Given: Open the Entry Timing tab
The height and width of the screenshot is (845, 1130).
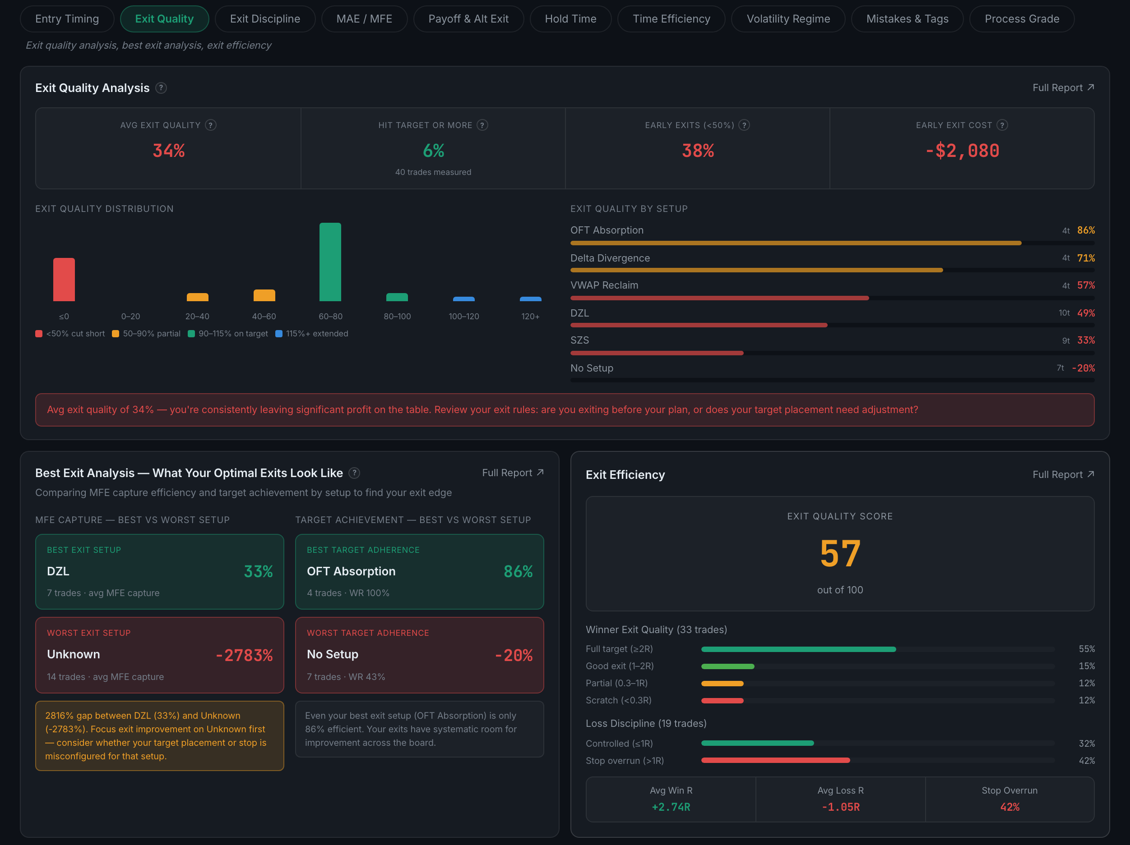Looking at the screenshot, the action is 67,19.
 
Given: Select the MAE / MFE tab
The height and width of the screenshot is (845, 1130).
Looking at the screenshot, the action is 364,19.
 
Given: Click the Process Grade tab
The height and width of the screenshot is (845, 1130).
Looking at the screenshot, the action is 1022,19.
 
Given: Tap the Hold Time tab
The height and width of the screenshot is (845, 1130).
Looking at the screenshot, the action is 570,19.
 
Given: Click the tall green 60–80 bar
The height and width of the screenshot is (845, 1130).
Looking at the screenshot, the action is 330,262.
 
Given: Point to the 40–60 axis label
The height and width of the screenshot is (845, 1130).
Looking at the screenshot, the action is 264,317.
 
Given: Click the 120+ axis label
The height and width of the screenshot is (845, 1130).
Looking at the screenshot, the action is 530,317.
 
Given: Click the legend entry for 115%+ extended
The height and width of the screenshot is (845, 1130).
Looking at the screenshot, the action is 312,333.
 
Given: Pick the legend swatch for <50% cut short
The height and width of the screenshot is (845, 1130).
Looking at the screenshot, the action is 39,333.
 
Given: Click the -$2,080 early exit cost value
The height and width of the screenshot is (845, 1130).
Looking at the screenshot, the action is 963,151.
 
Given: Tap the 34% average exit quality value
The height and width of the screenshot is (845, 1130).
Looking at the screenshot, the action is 169,151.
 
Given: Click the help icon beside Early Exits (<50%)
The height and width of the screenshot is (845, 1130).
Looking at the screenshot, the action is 744,125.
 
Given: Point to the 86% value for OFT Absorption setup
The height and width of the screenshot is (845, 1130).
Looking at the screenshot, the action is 1086,230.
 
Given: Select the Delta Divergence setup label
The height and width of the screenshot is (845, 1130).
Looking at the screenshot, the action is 610,258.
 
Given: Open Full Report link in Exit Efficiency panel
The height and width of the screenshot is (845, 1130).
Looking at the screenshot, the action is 1063,474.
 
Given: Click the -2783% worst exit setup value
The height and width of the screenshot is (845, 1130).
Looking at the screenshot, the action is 244,655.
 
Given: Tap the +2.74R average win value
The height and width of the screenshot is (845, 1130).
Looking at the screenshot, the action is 671,807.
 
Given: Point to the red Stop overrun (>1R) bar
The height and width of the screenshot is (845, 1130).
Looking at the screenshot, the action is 775,760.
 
